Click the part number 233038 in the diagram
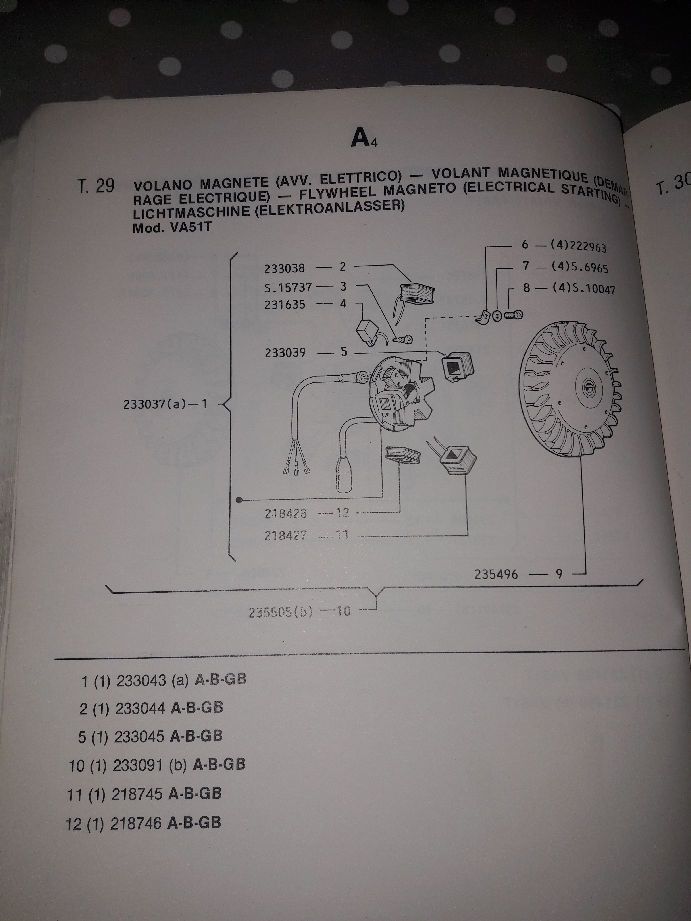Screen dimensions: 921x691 tap(285, 269)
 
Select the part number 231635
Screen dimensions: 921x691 tap(285, 305)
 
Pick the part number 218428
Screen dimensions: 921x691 tap(286, 513)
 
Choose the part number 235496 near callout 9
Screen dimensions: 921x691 tap(496, 575)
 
